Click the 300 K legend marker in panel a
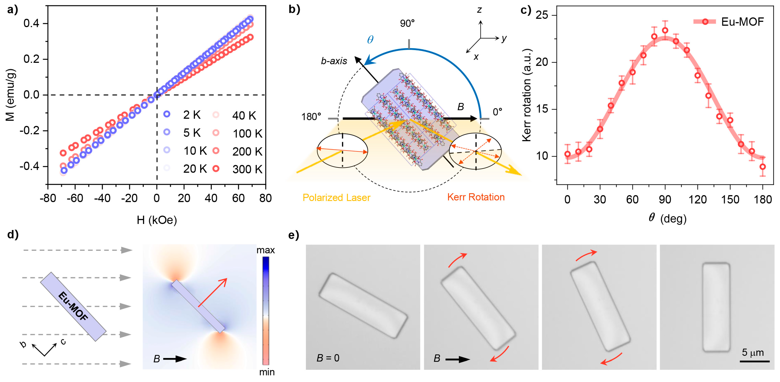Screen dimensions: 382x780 [216, 168]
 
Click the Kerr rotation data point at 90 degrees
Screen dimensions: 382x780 [665, 31]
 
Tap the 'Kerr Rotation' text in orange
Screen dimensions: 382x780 [476, 197]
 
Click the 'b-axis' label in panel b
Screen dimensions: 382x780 [334, 61]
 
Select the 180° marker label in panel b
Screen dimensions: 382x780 [311, 117]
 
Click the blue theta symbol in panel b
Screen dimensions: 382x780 [370, 40]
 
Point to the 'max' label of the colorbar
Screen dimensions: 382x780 [266, 250]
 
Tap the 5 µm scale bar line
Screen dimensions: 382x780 [755, 361]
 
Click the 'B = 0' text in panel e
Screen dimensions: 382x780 [328, 358]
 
